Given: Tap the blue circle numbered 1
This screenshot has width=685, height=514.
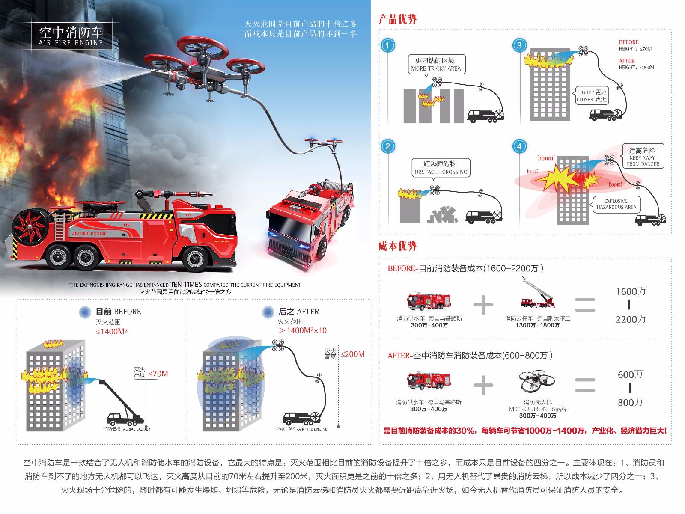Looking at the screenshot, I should tap(388, 45).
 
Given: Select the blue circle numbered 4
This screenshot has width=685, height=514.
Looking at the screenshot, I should tap(519, 146).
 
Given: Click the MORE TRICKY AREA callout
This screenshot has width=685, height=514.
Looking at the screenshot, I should tap(436, 64).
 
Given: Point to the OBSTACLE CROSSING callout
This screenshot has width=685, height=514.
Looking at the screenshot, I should tap(441, 167).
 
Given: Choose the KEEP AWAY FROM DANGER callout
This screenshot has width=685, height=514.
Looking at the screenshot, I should tap(643, 156).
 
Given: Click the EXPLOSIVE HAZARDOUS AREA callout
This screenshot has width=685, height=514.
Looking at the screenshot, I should tap(616, 204).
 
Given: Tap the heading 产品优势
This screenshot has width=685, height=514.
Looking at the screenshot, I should tap(397, 19).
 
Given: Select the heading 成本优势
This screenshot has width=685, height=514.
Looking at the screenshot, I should tap(397, 246).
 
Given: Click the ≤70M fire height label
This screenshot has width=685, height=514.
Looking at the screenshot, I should tap(158, 374).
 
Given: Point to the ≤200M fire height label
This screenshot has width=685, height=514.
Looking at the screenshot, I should tap(353, 354).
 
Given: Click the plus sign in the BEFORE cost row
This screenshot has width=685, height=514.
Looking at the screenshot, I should tap(483, 305).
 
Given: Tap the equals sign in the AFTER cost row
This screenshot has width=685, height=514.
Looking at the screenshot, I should tap(584, 385).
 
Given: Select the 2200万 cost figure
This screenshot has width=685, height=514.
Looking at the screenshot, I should tap(631, 319).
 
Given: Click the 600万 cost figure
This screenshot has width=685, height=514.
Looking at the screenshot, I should tap(631, 374).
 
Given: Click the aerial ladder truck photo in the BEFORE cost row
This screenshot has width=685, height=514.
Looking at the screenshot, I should tap(537, 294).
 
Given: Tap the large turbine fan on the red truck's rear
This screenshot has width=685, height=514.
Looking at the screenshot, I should tap(31, 226).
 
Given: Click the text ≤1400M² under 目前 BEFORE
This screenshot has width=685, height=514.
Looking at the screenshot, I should tap(112, 331).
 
